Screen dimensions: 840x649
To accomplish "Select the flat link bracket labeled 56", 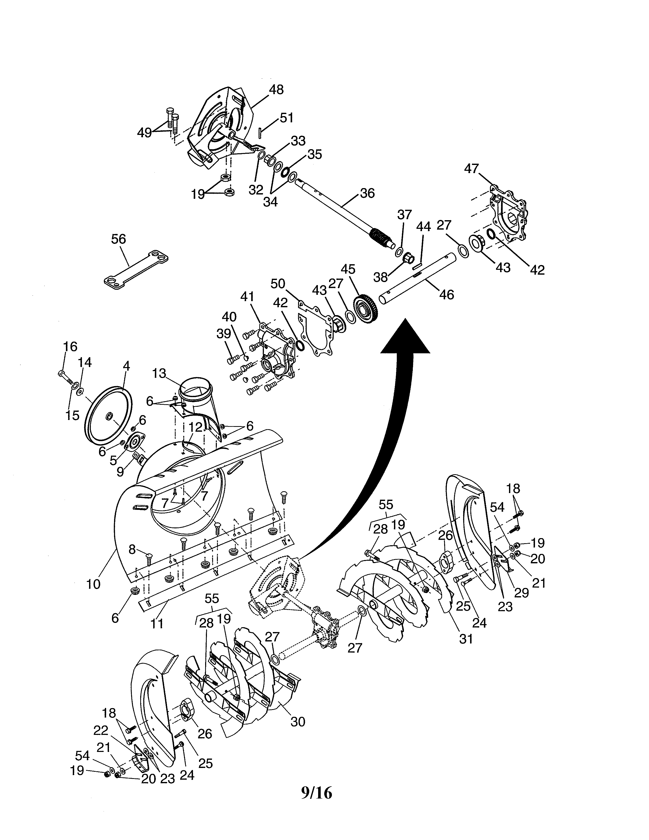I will (136, 269).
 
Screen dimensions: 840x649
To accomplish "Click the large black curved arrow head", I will (405, 337).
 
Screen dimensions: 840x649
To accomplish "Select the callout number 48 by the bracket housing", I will (276, 90).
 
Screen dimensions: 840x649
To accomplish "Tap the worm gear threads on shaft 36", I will (381, 235).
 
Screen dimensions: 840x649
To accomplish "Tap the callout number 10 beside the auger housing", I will (93, 583).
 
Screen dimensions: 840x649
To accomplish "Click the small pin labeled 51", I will (260, 132).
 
